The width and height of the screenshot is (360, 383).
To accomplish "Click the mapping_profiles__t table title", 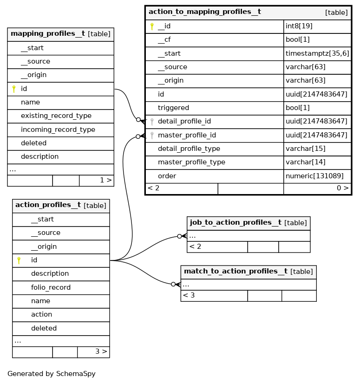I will click(x=47, y=34).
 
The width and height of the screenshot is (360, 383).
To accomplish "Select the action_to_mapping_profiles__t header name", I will click(x=204, y=12).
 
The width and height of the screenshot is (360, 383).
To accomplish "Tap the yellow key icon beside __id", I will click(x=152, y=26).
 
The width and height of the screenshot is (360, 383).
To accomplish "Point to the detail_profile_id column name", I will click(x=184, y=122).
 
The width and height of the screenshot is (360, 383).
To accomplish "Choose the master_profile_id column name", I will click(x=186, y=136).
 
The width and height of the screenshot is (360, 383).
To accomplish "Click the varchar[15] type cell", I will click(x=305, y=149).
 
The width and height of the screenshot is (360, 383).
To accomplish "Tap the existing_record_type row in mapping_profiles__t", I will click(x=56, y=116).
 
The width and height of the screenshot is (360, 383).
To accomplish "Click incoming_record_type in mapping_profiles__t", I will click(x=58, y=130).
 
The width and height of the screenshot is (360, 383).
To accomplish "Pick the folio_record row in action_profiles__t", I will click(x=51, y=287).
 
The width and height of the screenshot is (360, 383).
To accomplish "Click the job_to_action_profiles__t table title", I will click(x=236, y=223).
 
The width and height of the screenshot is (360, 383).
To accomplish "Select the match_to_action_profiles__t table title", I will click(x=236, y=272).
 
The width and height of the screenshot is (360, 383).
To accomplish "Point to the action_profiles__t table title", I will click(x=48, y=205).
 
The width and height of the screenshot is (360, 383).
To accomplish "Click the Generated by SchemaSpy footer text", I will click(x=51, y=374).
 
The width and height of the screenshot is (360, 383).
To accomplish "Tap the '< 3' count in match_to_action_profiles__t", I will click(x=189, y=295).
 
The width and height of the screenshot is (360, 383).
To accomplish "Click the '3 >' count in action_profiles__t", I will click(x=101, y=352).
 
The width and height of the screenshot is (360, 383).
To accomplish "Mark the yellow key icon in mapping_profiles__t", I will click(x=14, y=89).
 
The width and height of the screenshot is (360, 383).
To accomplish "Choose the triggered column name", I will click(x=173, y=108).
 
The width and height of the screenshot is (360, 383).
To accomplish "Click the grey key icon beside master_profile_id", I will click(x=152, y=136).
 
